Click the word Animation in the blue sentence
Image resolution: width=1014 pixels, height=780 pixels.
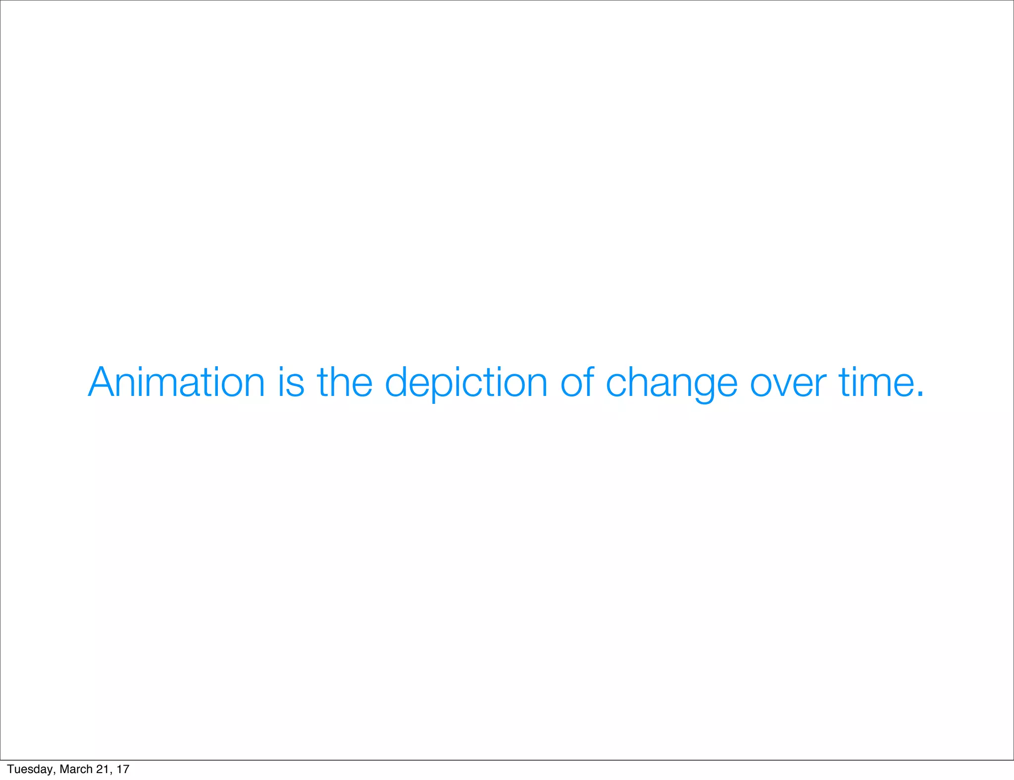[x=177, y=382]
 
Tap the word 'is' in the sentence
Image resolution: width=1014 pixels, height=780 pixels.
[x=291, y=382]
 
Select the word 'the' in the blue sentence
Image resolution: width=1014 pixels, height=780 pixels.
[x=345, y=382]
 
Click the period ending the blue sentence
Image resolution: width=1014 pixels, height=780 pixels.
[x=920, y=394]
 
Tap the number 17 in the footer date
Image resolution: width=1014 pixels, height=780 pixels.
[x=123, y=769]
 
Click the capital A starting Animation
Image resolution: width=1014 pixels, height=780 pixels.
[x=101, y=382]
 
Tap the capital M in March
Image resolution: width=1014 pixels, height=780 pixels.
[x=64, y=769]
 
